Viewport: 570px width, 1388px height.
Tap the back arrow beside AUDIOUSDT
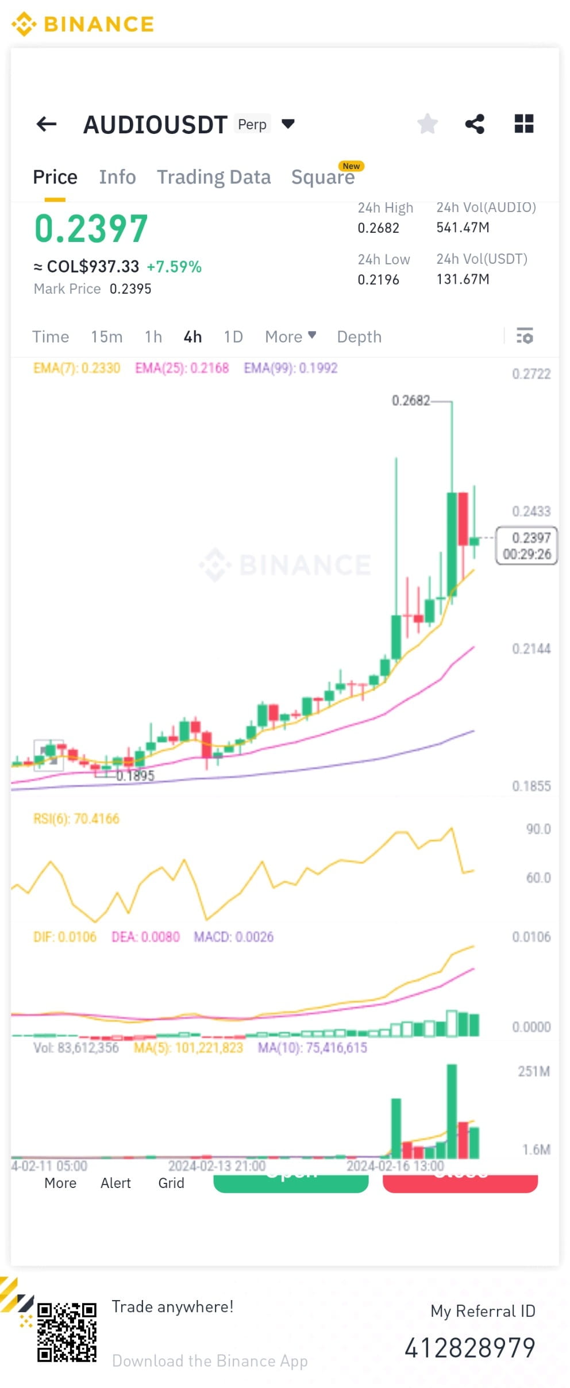tap(47, 124)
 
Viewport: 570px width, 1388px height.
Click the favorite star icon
tap(427, 124)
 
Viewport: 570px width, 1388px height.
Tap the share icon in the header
tap(475, 124)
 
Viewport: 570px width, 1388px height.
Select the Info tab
tap(117, 177)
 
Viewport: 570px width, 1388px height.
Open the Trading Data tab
tap(214, 177)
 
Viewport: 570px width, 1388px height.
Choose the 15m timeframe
tap(106, 337)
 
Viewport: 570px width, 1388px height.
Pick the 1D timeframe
tap(233, 337)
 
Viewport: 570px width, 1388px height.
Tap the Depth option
tap(359, 337)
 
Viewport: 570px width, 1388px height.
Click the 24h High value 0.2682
tap(378, 228)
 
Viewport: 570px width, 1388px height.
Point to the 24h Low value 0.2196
tap(378, 280)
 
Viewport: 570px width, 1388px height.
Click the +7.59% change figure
tap(174, 267)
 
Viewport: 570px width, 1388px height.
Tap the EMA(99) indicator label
tap(290, 368)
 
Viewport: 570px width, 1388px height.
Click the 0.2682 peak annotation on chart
tap(410, 401)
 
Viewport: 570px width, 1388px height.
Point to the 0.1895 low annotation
tap(136, 776)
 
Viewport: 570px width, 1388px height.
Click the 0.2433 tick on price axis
tap(531, 512)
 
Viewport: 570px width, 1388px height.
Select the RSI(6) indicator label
tap(76, 818)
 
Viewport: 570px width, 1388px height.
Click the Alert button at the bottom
tap(115, 1183)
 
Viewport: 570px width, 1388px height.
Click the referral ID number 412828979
tap(470, 1348)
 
